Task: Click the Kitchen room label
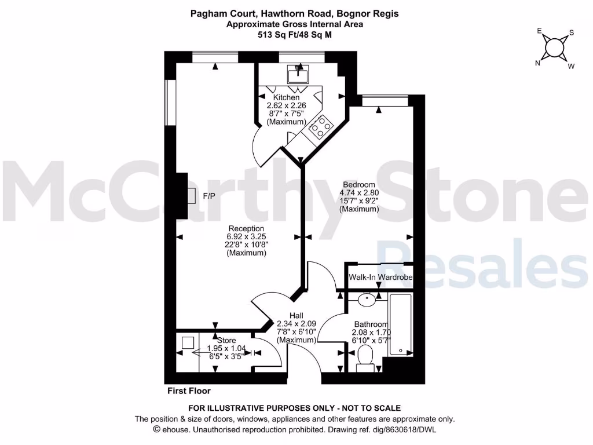click(x=287, y=97)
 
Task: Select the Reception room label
click(x=246, y=228)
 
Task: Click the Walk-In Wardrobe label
click(x=380, y=278)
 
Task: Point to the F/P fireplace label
click(x=209, y=196)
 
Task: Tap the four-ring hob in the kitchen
click(x=320, y=126)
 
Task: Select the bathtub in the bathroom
click(x=401, y=325)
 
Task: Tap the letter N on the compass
click(x=537, y=64)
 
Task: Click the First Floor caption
click(x=189, y=391)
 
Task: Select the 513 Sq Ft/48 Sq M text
click(x=295, y=34)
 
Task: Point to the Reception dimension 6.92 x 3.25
click(x=246, y=236)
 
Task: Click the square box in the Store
click(x=187, y=342)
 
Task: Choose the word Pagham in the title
click(x=206, y=13)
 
